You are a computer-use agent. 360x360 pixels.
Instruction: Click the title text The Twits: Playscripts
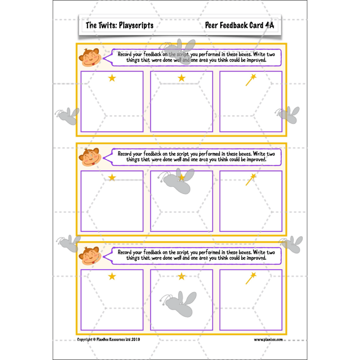coord(119,26)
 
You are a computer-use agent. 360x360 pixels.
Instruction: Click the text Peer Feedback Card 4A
coord(239,25)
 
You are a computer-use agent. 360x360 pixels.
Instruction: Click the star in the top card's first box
coord(112,78)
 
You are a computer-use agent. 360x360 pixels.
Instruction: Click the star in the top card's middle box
coord(181,78)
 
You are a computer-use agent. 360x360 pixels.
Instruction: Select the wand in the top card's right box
coord(251,80)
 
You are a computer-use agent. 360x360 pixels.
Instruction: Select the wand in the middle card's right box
coord(251,180)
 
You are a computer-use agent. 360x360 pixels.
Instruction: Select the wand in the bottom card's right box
coord(251,278)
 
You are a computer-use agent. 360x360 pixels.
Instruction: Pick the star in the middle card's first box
coord(112,178)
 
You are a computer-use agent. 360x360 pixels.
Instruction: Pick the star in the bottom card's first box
coord(112,276)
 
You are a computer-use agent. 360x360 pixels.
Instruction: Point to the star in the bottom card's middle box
coord(181,276)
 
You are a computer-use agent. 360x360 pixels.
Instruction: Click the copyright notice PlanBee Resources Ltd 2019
coord(108,340)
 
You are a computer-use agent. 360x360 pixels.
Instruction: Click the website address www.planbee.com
coord(268,340)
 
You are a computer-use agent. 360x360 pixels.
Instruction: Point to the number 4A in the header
coord(269,25)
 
